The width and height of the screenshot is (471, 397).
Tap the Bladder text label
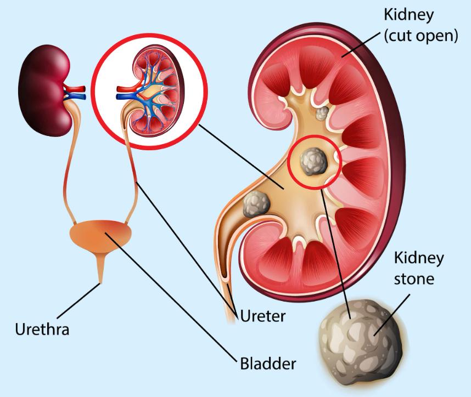point(268,363)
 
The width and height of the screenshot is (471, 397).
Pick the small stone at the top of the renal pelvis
point(322,114)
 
